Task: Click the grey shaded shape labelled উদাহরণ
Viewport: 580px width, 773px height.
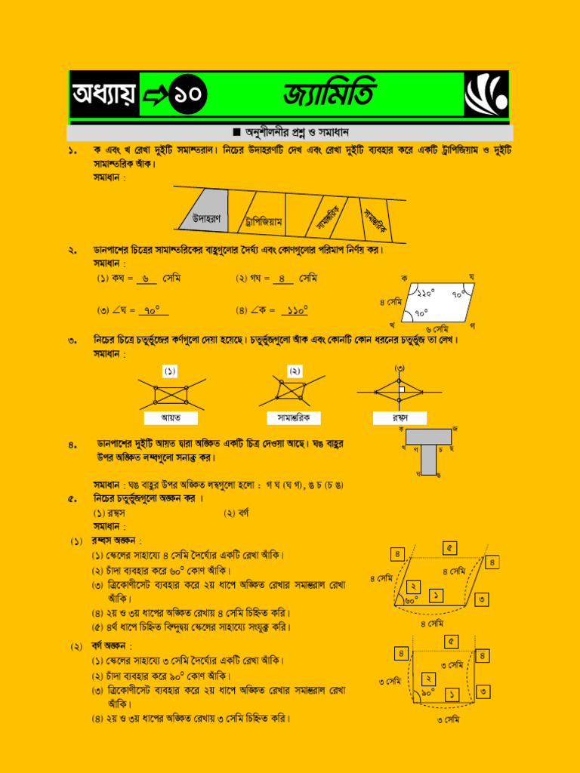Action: point(204,211)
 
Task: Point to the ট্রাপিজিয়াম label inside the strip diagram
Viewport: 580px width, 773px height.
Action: point(264,222)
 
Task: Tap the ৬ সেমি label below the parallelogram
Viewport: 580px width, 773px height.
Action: point(437,329)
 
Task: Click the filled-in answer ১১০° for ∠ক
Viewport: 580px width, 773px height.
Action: point(295,310)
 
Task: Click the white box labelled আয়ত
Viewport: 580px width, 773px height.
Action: point(171,417)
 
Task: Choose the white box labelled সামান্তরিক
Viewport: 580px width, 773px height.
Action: point(294,417)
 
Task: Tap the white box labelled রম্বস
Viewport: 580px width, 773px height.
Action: point(400,417)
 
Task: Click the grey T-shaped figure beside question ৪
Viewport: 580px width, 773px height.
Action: point(428,449)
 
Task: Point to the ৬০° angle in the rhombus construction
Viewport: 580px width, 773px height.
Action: point(410,600)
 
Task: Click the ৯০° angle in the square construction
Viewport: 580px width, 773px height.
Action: point(428,692)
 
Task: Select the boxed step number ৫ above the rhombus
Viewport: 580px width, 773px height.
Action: point(449,548)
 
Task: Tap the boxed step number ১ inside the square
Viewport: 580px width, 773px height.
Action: point(451,693)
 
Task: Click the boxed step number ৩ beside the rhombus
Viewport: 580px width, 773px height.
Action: point(482,599)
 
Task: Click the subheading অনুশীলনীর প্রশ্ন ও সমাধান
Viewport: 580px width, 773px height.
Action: point(290,132)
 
